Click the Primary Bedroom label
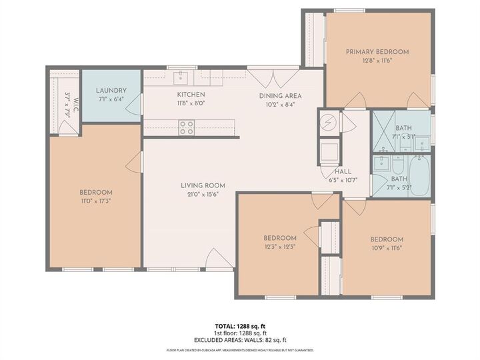click(x=377, y=51)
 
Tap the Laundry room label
click(x=111, y=91)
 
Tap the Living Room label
click(x=203, y=185)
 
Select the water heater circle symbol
click(x=329, y=123)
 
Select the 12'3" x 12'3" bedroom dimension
click(x=279, y=246)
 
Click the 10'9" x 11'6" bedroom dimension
click(x=387, y=248)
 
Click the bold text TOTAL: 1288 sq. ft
click(x=240, y=326)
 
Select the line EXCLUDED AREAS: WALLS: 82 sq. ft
click(x=240, y=339)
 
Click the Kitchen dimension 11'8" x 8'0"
click(x=191, y=104)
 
